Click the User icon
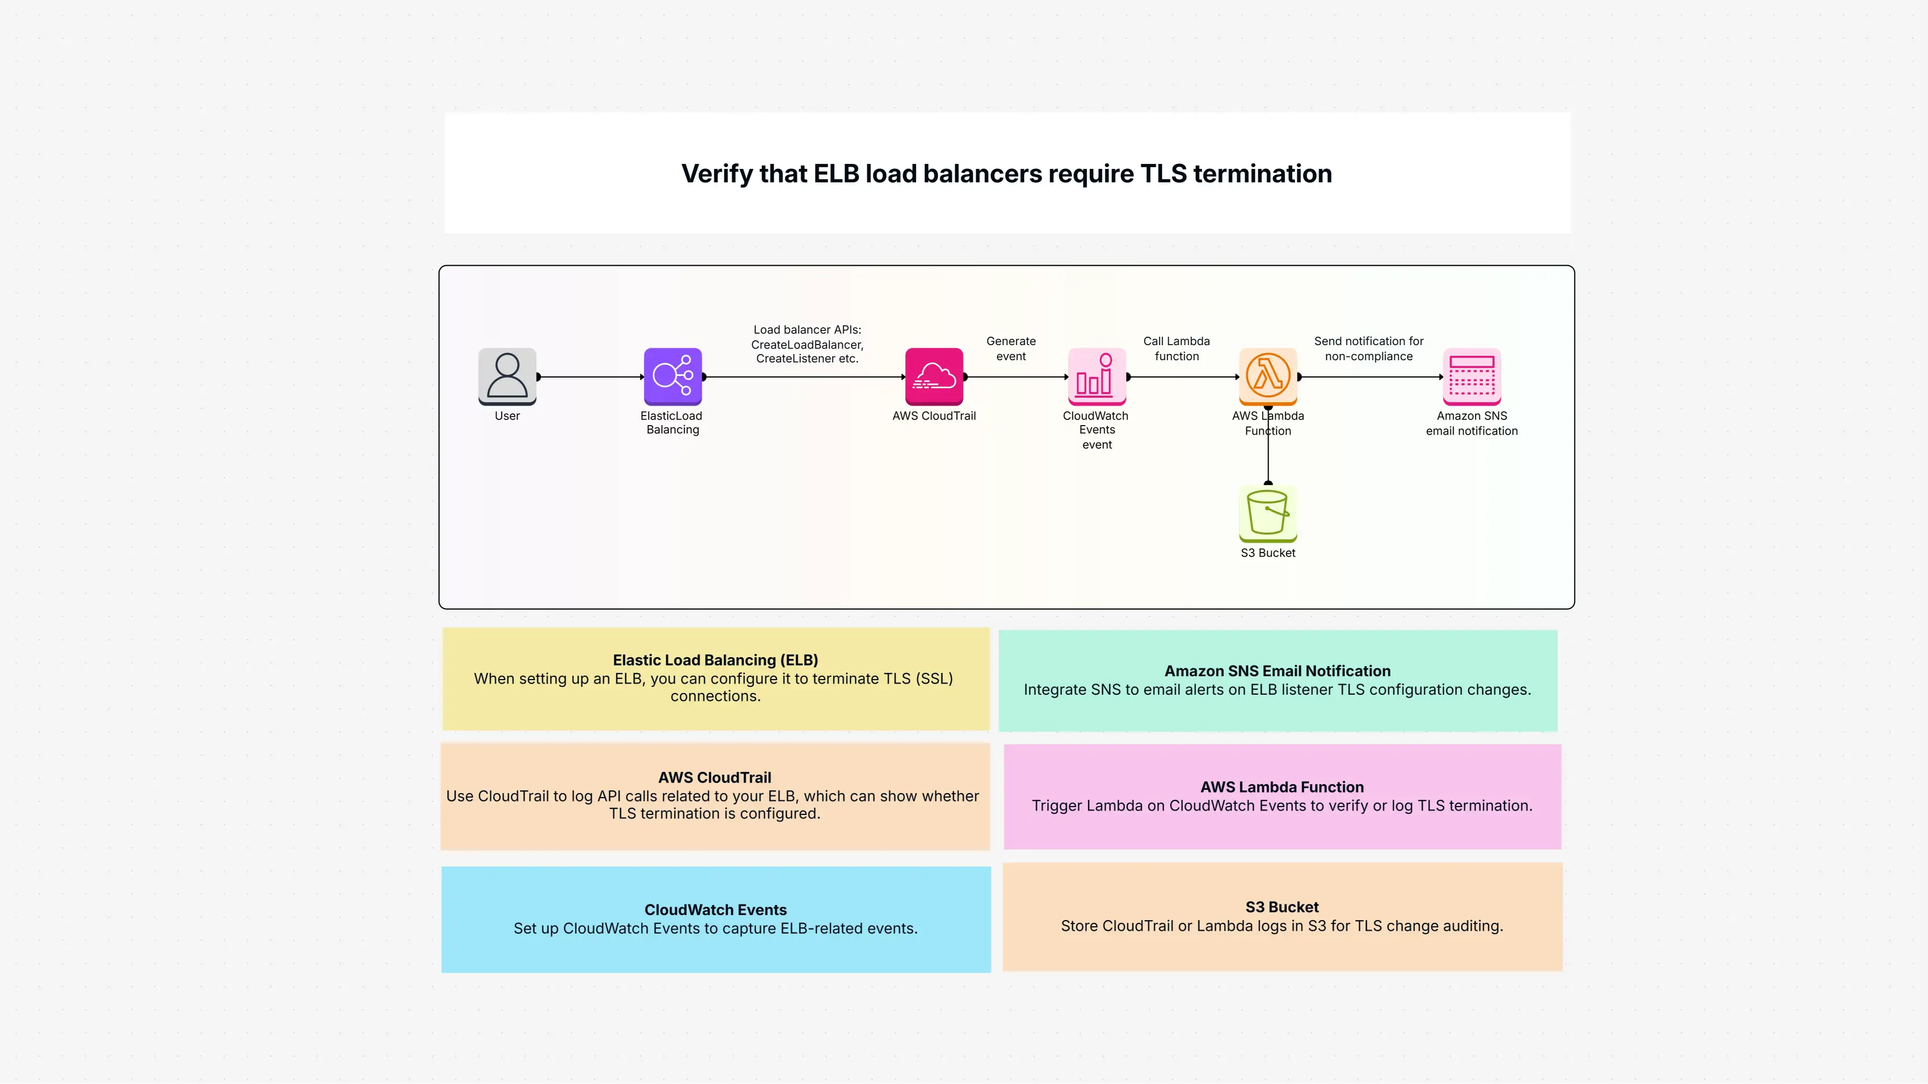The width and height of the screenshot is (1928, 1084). pos(508,376)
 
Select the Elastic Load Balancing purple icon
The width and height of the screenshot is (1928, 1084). pos(672,376)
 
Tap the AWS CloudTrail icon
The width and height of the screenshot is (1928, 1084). pos(934,376)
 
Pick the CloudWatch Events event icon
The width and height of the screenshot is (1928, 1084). pos(1097,376)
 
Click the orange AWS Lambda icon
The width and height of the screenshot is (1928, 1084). pos(1268,376)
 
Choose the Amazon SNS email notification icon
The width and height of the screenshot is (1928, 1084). pos(1472,376)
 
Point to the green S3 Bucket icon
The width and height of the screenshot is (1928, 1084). pos(1268,513)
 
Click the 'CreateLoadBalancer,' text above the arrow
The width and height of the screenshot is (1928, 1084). pos(807,345)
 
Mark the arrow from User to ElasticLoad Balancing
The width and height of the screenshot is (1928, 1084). pos(590,376)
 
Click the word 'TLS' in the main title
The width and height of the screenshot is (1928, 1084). pos(1163,174)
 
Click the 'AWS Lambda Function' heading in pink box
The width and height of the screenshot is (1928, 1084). pos(1282,788)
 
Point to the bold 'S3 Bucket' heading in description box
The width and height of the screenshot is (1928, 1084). pos(1282,907)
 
